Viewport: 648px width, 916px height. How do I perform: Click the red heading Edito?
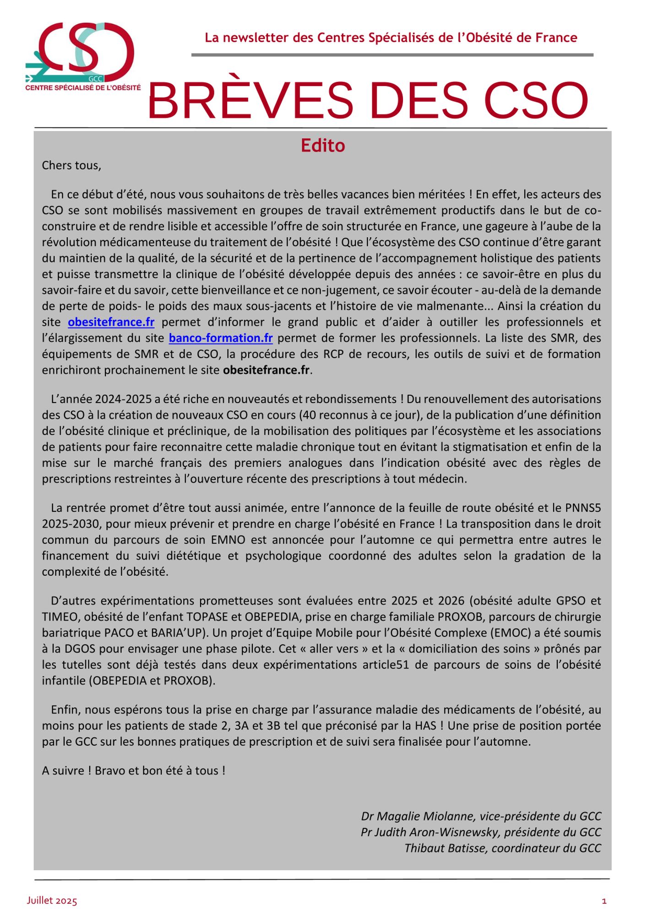coord(322,146)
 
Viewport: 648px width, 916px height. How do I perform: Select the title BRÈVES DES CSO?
coord(368,101)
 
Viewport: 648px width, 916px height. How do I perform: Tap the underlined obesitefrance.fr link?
coord(111,322)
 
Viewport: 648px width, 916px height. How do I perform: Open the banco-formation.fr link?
coord(221,338)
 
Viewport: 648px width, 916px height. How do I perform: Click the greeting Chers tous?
coord(71,165)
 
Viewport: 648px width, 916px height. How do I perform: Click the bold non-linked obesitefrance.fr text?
coord(267,370)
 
